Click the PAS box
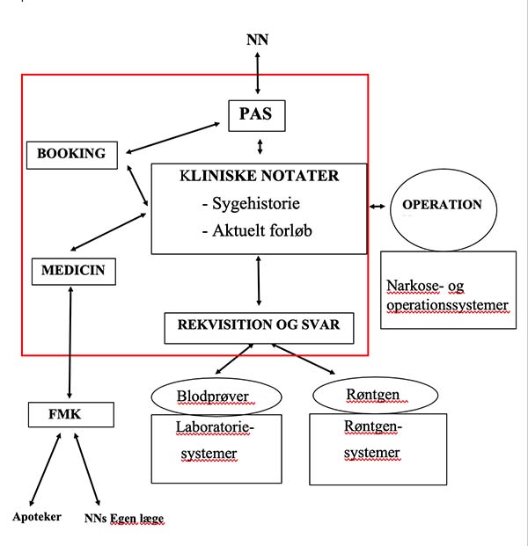(x=257, y=116)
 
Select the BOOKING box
(x=72, y=156)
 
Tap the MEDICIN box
(x=74, y=272)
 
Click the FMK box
(x=71, y=415)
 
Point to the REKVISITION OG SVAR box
(x=259, y=328)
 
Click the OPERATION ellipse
(x=444, y=209)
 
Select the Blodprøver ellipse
(x=216, y=397)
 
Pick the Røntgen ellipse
(x=375, y=396)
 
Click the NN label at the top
(x=257, y=40)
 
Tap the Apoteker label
(x=37, y=517)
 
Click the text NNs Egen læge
(x=124, y=519)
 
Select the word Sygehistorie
(x=256, y=203)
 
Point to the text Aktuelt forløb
(x=262, y=230)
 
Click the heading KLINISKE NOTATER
(x=260, y=176)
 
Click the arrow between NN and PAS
(x=258, y=73)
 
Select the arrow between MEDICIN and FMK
(x=70, y=342)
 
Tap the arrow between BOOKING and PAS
(x=172, y=137)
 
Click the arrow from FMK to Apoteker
(x=45, y=470)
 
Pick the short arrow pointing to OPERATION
(x=378, y=207)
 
